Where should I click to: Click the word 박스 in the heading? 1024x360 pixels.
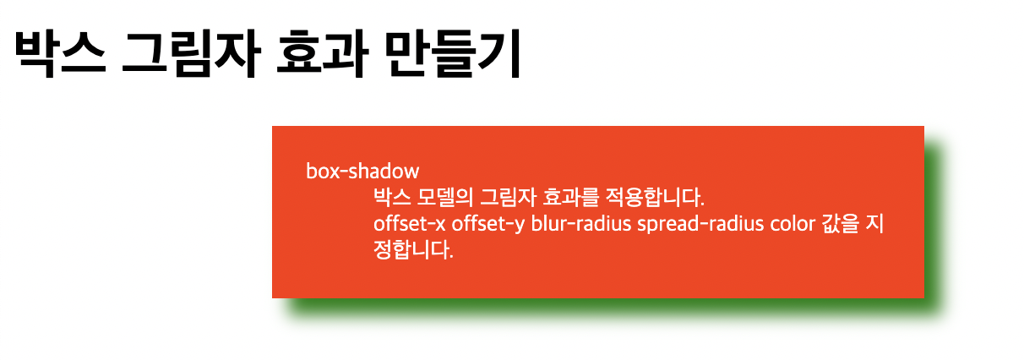(60, 54)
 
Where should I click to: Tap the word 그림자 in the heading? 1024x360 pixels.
(191, 54)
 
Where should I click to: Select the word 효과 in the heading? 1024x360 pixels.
(323, 54)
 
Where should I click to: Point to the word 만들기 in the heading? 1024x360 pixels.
(453, 54)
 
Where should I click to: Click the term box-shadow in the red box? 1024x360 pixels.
(362, 171)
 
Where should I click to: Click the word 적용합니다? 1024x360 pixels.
(655, 197)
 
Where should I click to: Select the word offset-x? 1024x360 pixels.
(409, 224)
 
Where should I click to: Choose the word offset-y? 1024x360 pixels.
(488, 225)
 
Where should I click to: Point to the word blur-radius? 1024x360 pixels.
(581, 224)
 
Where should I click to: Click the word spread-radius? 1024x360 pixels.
(700, 225)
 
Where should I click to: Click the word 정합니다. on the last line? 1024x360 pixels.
(413, 250)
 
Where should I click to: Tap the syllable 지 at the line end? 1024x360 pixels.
(875, 224)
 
